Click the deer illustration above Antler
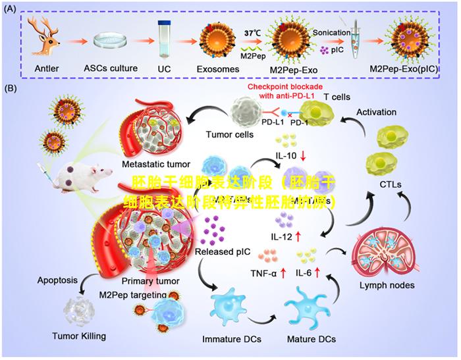tap(45, 39)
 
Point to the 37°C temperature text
tap(253, 32)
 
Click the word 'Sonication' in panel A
tap(331, 32)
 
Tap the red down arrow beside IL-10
tap(303, 156)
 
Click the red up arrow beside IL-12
tap(298, 236)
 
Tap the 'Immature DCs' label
tap(231, 339)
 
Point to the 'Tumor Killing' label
tap(79, 336)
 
